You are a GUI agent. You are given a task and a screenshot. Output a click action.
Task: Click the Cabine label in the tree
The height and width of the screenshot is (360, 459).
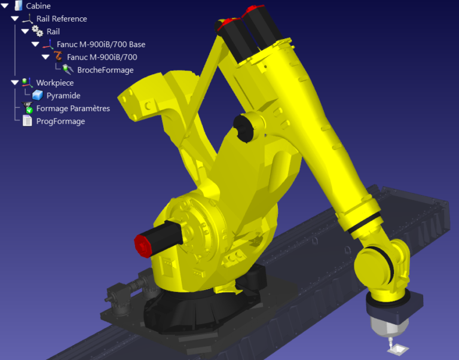coord(38,6)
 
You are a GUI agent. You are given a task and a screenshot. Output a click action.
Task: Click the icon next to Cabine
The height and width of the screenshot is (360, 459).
coord(18,6)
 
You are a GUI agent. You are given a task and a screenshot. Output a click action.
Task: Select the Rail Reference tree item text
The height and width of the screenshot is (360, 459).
coord(62,19)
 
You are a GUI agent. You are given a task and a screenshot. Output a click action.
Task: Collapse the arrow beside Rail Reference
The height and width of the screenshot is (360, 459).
coord(15,19)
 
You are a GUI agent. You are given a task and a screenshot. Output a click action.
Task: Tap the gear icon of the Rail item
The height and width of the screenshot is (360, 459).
coord(37,31)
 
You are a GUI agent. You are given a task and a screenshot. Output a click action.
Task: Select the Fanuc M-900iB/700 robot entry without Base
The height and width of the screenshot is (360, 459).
coord(102,57)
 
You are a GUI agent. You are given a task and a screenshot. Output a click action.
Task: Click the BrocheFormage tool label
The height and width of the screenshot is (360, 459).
coord(105,70)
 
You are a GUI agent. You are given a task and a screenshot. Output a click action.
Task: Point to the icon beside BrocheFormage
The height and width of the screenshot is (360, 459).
coord(68,70)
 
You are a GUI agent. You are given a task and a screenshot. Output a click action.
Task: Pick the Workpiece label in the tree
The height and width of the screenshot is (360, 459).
coord(55,83)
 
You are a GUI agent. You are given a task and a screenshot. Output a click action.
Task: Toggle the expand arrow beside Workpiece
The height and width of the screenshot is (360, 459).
coord(15,83)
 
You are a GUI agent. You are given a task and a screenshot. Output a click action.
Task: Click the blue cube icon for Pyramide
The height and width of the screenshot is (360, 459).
coord(38,96)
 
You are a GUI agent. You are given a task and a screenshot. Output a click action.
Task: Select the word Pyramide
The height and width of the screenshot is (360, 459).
coord(63,96)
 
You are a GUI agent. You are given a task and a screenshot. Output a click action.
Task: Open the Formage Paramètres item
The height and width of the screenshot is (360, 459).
coord(73,108)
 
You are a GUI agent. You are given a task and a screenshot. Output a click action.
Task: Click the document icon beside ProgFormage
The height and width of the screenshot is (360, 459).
coord(27,121)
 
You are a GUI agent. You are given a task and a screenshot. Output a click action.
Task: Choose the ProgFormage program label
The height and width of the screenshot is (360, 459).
coord(60,121)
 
